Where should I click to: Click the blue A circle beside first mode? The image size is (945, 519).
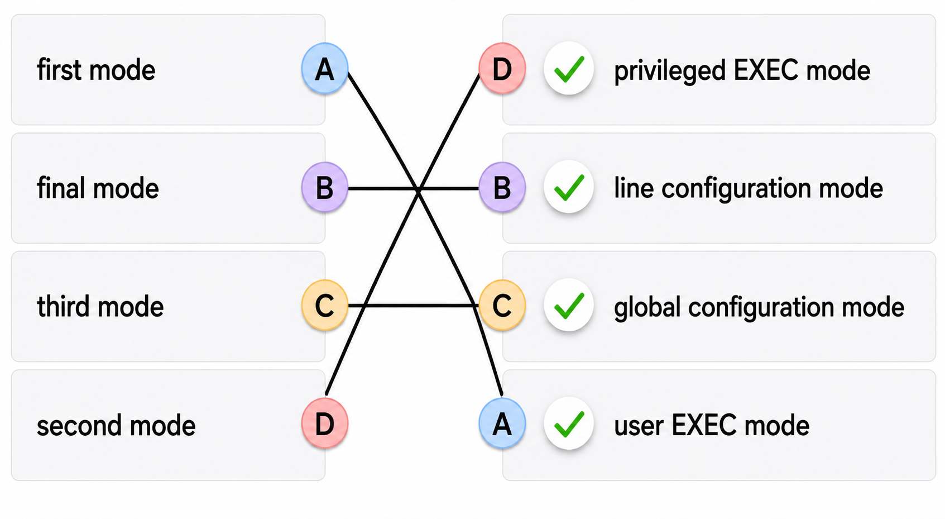325,68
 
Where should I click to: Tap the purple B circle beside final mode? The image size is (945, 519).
325,187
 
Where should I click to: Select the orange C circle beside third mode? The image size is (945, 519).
325,305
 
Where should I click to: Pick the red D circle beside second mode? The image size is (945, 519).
325,423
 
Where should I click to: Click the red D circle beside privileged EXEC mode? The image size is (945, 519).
502,68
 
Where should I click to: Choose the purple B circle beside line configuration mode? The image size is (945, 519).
502,187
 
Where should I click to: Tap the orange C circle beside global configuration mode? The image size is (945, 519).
502,305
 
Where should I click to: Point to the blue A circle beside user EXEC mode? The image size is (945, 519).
502,423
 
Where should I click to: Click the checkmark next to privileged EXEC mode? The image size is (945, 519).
569,68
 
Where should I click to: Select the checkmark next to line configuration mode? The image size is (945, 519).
569,187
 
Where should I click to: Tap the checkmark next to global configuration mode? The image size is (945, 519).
569,305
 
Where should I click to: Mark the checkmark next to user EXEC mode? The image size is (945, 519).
569,423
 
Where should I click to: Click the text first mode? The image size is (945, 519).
96,70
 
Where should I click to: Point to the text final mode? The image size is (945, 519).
98,188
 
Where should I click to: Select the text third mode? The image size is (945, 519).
100,306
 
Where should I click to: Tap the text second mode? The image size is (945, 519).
116,425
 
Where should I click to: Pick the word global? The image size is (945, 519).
647,307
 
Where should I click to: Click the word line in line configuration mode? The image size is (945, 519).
634,188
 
